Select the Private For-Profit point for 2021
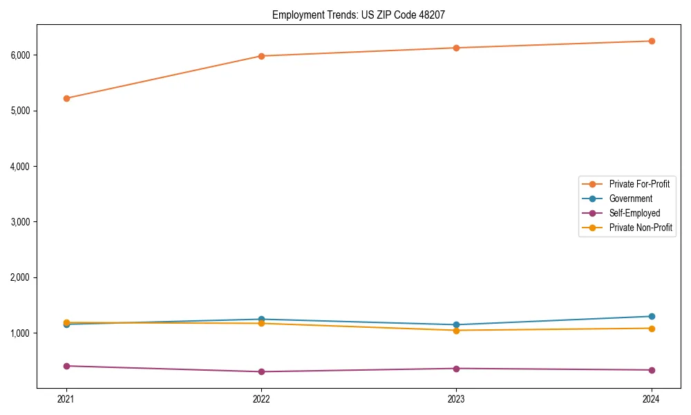click(66, 98)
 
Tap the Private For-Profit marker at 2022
click(261, 56)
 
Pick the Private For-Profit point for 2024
click(652, 41)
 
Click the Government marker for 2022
click(261, 320)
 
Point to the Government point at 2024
click(652, 316)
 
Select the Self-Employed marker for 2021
click(66, 366)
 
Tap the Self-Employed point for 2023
click(456, 369)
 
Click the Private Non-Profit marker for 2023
click(456, 330)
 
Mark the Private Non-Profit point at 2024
click(652, 328)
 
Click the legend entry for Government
click(630, 199)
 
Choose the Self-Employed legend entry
click(634, 213)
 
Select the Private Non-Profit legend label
click(641, 228)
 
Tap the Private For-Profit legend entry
click(639, 184)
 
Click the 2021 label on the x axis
click(66, 398)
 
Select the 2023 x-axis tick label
click(456, 398)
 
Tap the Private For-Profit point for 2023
click(456, 48)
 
